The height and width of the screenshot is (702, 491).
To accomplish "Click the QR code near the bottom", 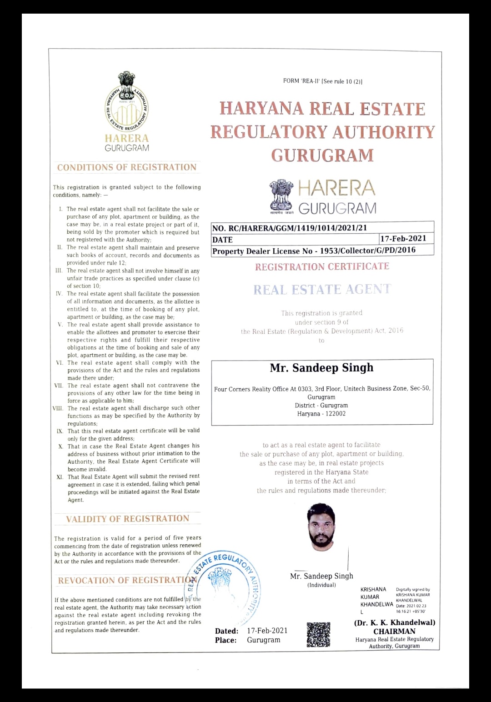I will [x=318, y=635].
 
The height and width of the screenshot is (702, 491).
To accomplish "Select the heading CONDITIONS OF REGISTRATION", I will [x=127, y=167].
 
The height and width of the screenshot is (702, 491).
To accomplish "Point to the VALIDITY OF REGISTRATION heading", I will [x=127, y=519].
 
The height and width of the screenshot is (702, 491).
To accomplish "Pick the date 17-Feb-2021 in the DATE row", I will [x=403, y=239].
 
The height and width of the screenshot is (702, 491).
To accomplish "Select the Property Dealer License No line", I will [x=314, y=251].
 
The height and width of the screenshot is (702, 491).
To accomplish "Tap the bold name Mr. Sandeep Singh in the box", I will [x=321, y=368].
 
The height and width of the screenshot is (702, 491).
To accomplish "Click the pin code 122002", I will [x=336, y=414].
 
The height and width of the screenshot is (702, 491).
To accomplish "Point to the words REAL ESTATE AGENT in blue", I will [x=322, y=290].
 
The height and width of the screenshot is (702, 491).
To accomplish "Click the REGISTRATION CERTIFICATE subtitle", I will [x=322, y=266].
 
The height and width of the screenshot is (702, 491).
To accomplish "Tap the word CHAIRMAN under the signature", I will [x=394, y=631].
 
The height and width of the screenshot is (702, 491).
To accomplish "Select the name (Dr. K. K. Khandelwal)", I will [x=395, y=622].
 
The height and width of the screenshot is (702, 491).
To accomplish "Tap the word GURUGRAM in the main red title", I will [x=322, y=155].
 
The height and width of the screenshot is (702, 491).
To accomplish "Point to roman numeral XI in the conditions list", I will [x=60, y=477].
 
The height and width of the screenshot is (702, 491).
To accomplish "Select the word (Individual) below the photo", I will [x=321, y=585].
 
